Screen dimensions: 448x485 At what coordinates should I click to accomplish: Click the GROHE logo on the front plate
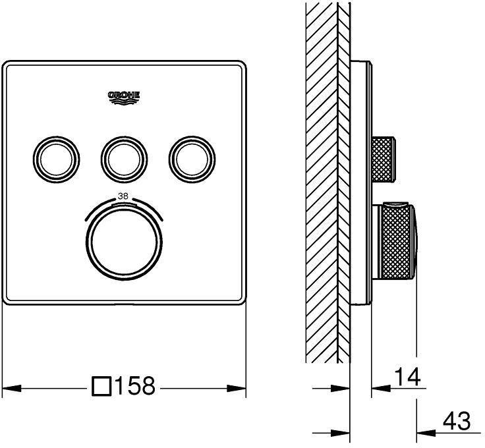tap(124, 97)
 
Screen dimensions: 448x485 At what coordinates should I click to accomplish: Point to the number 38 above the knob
tap(124, 196)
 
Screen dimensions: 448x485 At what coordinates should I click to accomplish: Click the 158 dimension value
tap(134, 386)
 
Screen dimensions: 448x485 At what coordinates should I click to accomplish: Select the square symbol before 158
tap(101, 386)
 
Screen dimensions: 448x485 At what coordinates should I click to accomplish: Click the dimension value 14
tap(407, 378)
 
